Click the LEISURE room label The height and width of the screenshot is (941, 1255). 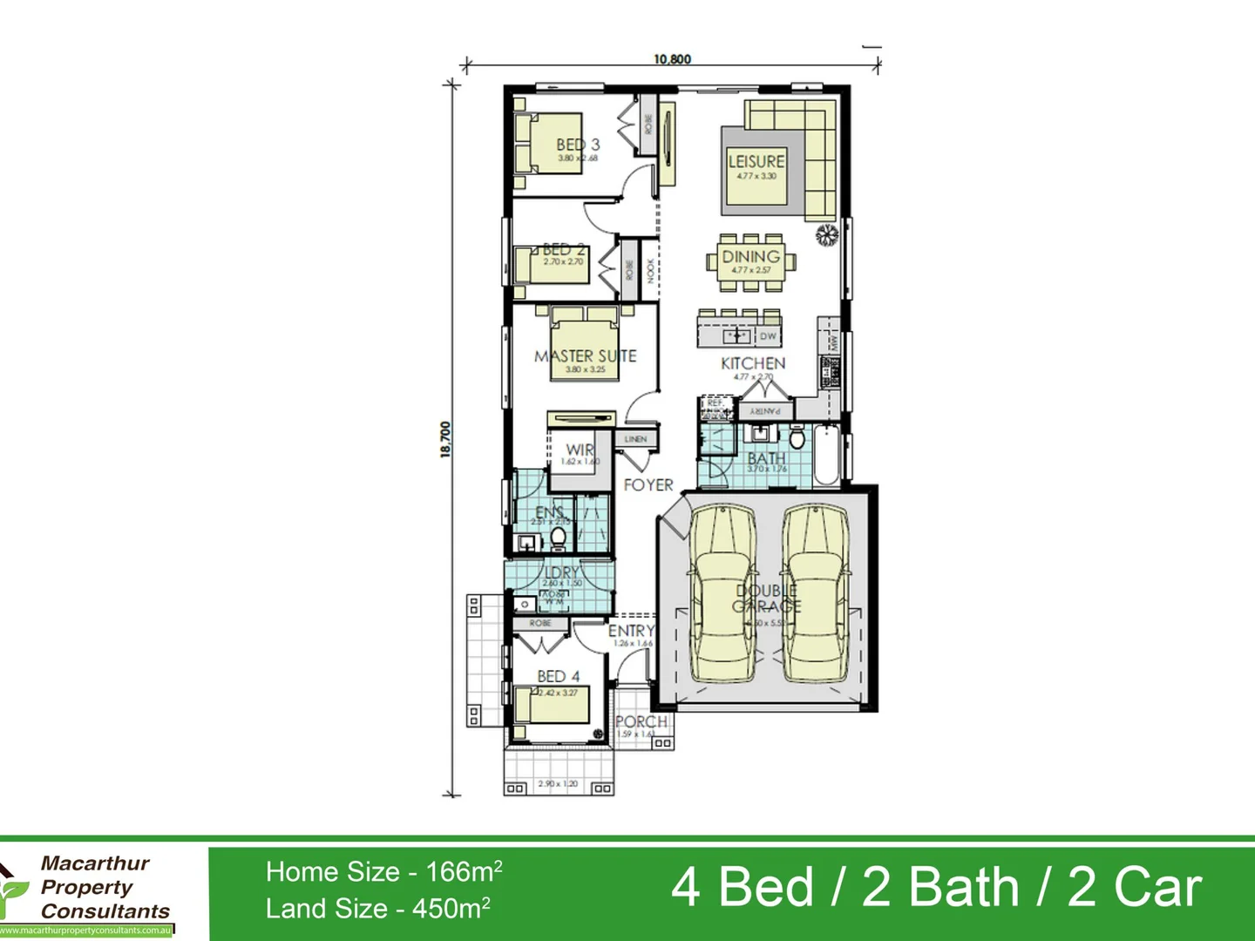point(756,162)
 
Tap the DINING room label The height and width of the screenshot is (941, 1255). point(750,257)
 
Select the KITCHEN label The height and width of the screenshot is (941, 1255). point(753,363)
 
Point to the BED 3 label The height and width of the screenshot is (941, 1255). point(578,145)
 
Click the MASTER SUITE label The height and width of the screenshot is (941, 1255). point(585,356)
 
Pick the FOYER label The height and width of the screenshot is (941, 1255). point(648,485)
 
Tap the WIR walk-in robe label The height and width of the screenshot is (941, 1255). point(580,450)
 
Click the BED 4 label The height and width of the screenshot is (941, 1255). point(558,676)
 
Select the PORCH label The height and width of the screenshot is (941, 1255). point(641,721)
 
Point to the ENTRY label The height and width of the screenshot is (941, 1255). point(631,631)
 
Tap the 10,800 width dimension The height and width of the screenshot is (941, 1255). point(672,59)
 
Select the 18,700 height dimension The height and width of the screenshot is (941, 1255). point(445,439)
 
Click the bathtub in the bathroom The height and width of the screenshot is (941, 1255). point(825,455)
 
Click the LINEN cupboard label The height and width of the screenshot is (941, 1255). point(635,439)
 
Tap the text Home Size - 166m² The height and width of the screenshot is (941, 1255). point(383,871)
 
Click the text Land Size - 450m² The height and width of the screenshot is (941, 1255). point(377,909)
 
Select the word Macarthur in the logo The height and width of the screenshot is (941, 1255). point(95,863)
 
